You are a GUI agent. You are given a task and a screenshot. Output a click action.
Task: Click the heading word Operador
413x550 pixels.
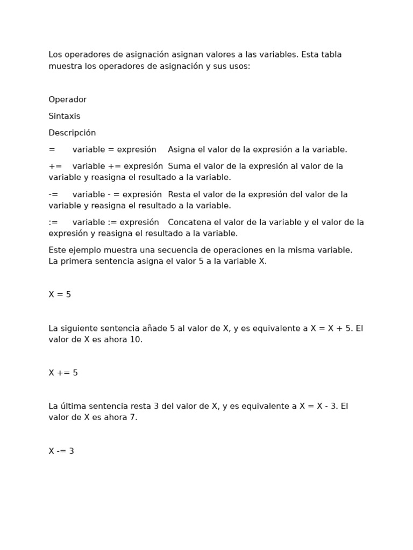coord(67,99)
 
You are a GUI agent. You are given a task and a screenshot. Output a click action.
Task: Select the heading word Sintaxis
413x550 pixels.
coord(64,116)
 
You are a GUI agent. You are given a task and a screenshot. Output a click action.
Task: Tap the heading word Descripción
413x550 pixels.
coord(72,133)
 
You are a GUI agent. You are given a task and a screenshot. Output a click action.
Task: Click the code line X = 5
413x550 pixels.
coord(60,294)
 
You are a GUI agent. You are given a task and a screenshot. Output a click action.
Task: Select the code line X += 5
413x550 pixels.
coord(63,373)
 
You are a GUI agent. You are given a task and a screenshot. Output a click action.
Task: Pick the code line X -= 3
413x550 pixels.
coord(61,451)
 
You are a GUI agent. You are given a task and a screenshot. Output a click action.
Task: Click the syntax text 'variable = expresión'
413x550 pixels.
coord(114,149)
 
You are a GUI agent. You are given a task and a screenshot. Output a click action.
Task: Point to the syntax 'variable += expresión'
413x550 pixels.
coord(117,166)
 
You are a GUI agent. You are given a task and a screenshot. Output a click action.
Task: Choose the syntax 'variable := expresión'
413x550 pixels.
coord(116,222)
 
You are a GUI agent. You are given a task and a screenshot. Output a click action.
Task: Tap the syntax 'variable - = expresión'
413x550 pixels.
coord(117,194)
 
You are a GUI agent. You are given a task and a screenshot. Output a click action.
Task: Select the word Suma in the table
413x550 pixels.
coord(179,166)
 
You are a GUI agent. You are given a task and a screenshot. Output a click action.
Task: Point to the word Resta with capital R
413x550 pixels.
coord(179,194)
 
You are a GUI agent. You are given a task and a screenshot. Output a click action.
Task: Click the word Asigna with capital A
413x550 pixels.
coord(181,149)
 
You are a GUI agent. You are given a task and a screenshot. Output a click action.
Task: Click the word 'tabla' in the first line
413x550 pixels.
coord(331,54)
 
